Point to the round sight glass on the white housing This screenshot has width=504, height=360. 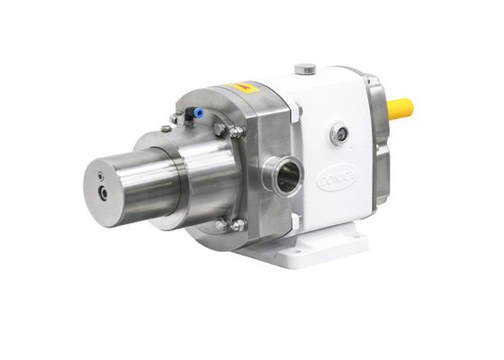tap(338, 135)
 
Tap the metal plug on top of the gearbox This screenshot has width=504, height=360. tap(307, 68)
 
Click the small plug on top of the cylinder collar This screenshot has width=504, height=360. tap(166, 129)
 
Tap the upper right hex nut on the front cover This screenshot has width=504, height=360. tap(237, 132)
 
